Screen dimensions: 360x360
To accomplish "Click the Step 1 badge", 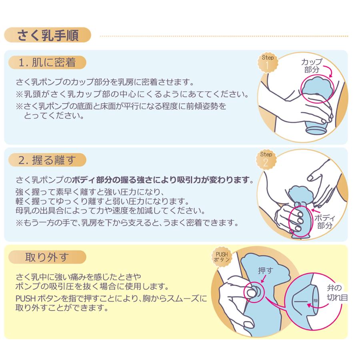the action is coord(267,62).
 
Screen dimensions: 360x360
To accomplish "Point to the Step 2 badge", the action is coord(266,159).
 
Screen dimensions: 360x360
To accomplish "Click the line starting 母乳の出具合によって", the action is coord(110,210).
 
